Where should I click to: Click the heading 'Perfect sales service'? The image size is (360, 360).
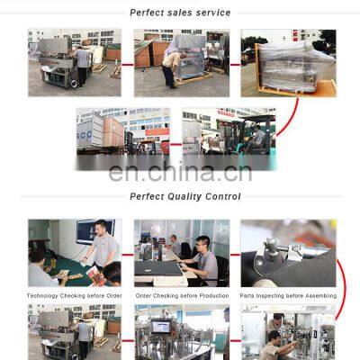[180, 13]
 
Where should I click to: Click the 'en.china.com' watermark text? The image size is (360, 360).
[180, 172]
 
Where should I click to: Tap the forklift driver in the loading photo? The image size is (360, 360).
[257, 138]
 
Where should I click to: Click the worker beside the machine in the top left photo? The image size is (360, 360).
[84, 64]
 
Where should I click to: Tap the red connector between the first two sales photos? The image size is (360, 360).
[128, 64]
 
